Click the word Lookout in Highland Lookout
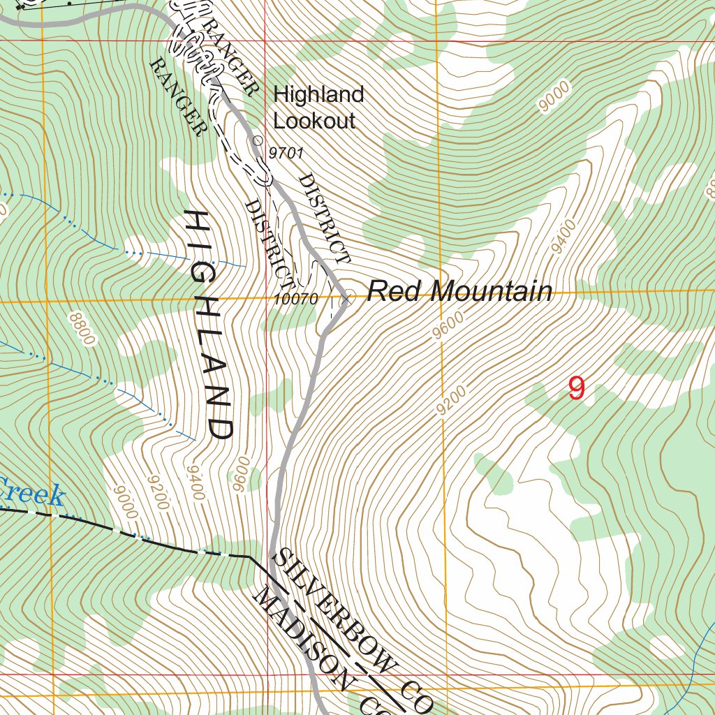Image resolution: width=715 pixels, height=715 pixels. coord(314,121)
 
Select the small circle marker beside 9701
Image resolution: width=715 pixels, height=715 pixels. coord(257,140)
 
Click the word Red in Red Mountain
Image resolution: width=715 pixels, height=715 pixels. coord(391,291)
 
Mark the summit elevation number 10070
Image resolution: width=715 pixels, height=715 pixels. coord(297,299)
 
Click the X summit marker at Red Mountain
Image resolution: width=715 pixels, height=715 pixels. coord(344,300)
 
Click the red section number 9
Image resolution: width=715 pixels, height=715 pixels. coord(576,389)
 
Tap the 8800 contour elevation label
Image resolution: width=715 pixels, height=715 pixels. coord(81,328)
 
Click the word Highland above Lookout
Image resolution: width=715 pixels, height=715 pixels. coord(318,94)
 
